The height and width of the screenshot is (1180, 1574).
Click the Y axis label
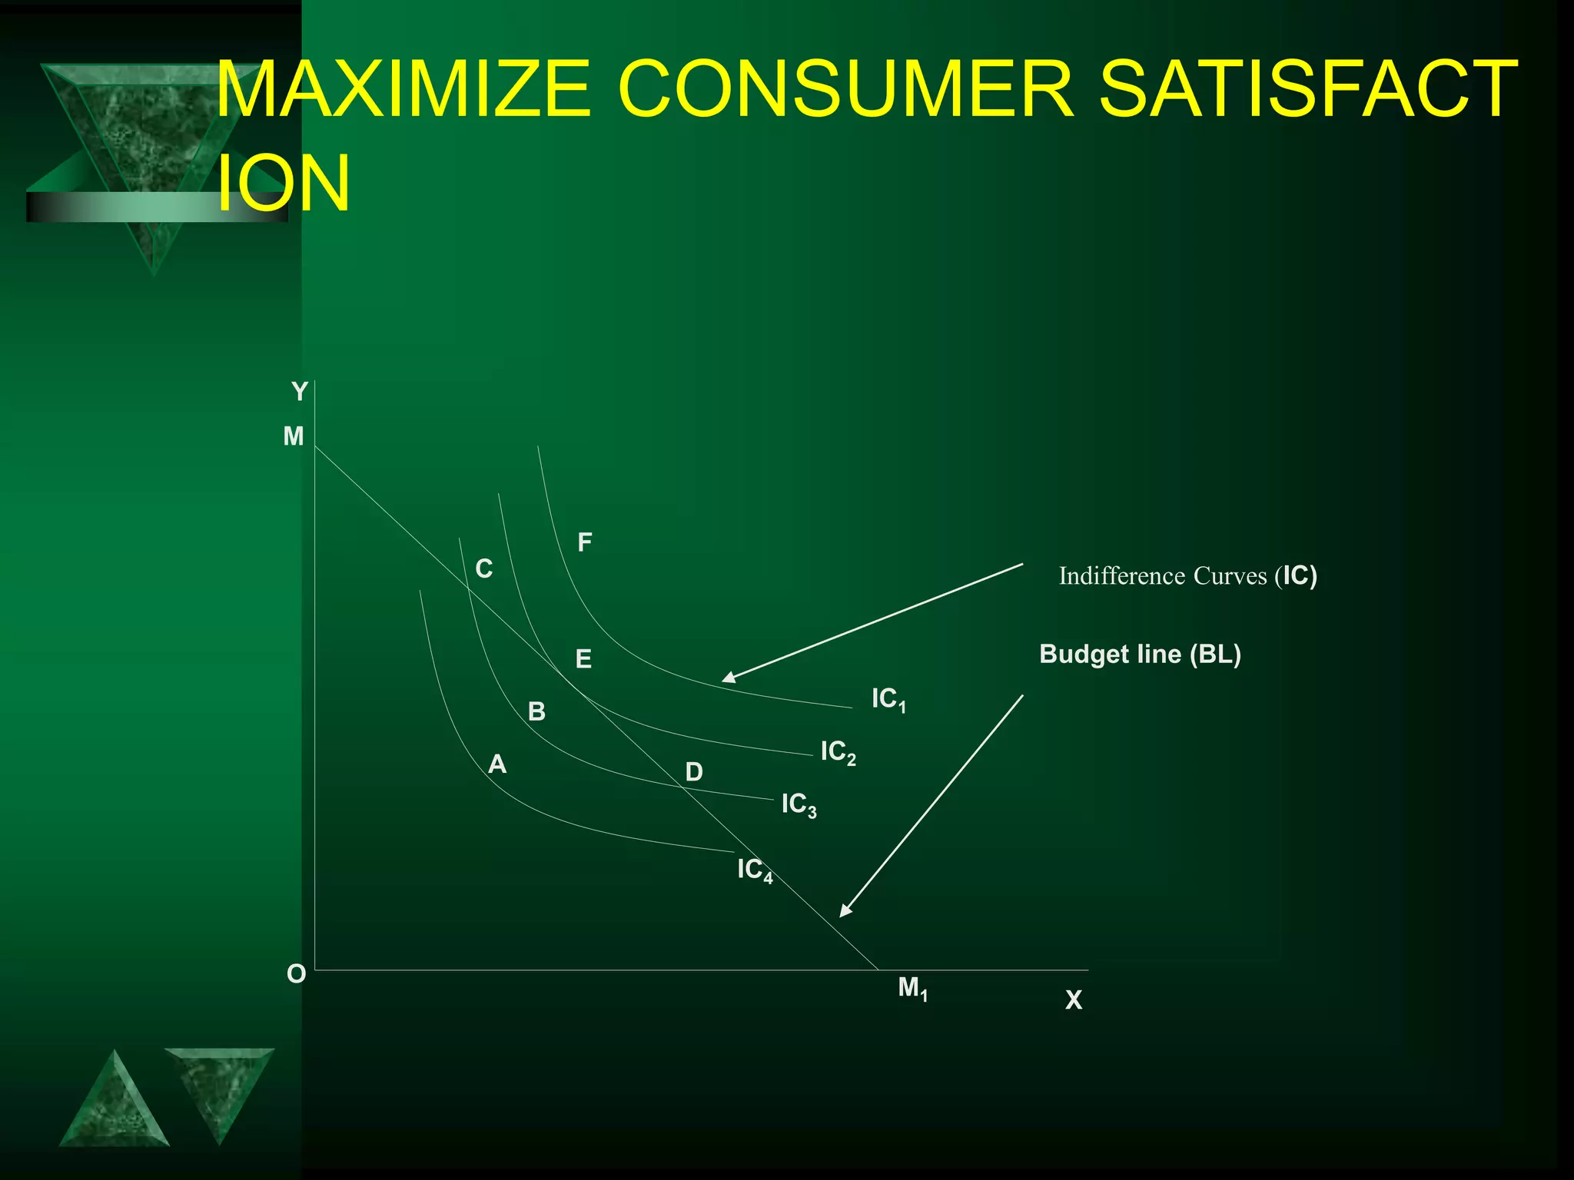pos(299,392)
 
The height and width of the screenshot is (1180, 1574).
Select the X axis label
pos(1074,1000)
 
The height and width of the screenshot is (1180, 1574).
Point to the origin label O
pos(296,974)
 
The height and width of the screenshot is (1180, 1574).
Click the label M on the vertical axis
pos(294,436)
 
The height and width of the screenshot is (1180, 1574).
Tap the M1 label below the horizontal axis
pos(912,988)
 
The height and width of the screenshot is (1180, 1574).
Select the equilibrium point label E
pos(583,659)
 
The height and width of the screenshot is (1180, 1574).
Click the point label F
pos(584,543)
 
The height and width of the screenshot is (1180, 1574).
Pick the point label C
pos(483,569)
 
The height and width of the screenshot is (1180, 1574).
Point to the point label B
pos(536,712)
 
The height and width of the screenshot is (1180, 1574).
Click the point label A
pos(497,764)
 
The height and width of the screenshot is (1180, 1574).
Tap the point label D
pos(693,772)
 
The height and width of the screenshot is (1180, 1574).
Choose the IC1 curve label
pos(888,699)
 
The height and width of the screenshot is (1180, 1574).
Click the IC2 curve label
pos(838,752)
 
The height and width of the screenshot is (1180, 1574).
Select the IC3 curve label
pos(799,804)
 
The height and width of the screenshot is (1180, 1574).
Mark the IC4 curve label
pos(754,870)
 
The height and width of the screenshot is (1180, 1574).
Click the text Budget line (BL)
pos(1140,655)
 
